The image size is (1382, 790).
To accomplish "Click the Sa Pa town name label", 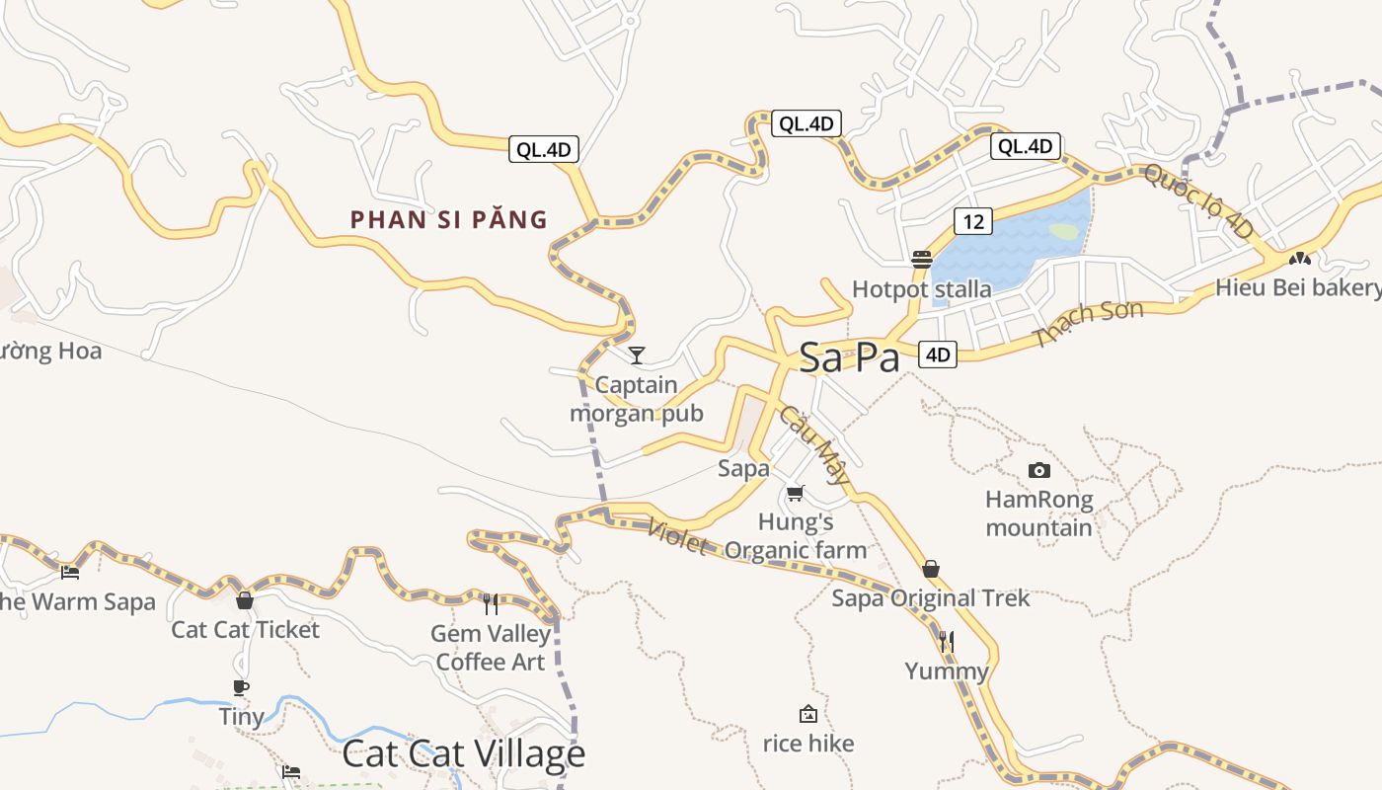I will click(x=849, y=357).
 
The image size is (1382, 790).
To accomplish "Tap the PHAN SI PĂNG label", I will click(x=449, y=219).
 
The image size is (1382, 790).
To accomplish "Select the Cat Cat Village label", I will click(x=463, y=754).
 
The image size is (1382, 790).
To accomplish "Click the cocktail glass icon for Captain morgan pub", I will click(x=637, y=355).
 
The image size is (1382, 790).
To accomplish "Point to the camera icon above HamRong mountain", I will click(x=1038, y=470).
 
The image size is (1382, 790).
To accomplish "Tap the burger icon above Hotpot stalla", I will click(x=922, y=260).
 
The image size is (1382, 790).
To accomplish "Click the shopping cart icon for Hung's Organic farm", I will click(x=796, y=493).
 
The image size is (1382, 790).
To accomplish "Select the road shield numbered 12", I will click(x=973, y=221).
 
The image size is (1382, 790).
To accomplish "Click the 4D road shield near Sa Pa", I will click(x=938, y=355).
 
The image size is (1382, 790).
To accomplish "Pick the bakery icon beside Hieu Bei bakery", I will click(x=1300, y=258).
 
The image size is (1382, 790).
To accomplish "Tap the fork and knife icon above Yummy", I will click(x=947, y=642).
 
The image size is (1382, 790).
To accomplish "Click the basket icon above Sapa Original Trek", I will click(x=930, y=569).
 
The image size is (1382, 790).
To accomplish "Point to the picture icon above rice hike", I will click(x=808, y=713).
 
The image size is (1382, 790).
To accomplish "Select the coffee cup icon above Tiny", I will click(x=241, y=687).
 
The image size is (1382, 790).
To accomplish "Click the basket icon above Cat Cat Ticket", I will click(x=245, y=599).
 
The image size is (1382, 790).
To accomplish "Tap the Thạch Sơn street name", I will click(x=1089, y=323).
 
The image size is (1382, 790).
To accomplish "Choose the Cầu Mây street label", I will click(x=814, y=445).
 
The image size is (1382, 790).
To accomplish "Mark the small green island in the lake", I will click(x=1063, y=231).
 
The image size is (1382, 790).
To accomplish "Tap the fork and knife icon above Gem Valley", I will click(x=491, y=603).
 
